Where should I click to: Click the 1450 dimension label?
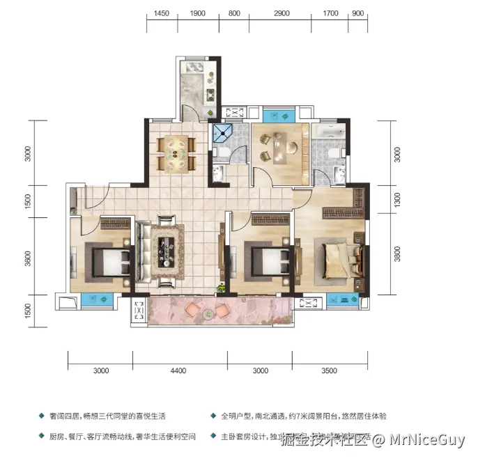tap(162, 13)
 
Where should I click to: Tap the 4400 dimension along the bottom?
tap(179, 371)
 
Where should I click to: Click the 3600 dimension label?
tap(27, 259)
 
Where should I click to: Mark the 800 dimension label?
tap(234, 13)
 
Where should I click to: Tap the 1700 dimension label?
tap(331, 13)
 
